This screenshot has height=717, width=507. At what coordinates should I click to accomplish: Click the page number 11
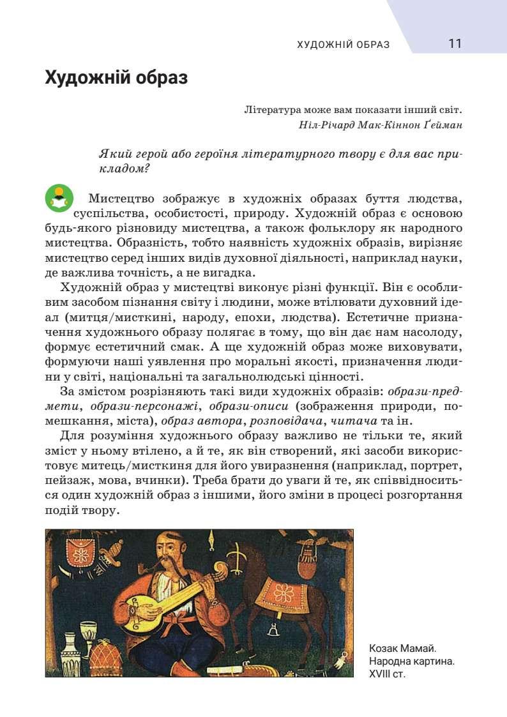(x=455, y=44)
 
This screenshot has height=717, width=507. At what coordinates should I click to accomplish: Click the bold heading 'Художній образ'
(x=116, y=79)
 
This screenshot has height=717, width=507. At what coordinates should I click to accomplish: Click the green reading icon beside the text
(x=59, y=199)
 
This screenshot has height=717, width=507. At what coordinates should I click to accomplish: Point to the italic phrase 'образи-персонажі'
(x=147, y=407)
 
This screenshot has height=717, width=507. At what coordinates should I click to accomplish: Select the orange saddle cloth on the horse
(x=283, y=592)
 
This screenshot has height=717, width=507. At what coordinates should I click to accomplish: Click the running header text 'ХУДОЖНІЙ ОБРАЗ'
(x=343, y=45)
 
